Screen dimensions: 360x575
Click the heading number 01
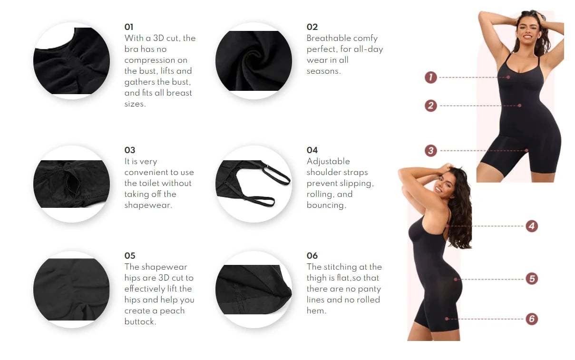tap(129, 27)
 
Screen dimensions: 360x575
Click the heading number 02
tap(312, 27)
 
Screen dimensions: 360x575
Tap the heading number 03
tap(130, 150)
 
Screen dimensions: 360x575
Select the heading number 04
tap(312, 150)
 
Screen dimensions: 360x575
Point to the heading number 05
tap(130, 256)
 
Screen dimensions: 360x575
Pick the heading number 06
tap(312, 256)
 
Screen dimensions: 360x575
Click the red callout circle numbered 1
tap(431, 77)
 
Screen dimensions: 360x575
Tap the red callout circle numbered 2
tap(431, 106)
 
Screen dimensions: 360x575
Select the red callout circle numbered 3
tap(431, 151)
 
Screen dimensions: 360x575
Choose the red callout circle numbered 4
tap(532, 226)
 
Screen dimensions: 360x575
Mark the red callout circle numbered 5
tap(532, 279)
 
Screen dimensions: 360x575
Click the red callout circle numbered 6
tap(532, 319)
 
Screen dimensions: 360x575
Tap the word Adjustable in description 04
tap(328, 161)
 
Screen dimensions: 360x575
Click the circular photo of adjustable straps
tap(253, 184)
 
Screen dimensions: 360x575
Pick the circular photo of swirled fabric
tap(253, 61)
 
